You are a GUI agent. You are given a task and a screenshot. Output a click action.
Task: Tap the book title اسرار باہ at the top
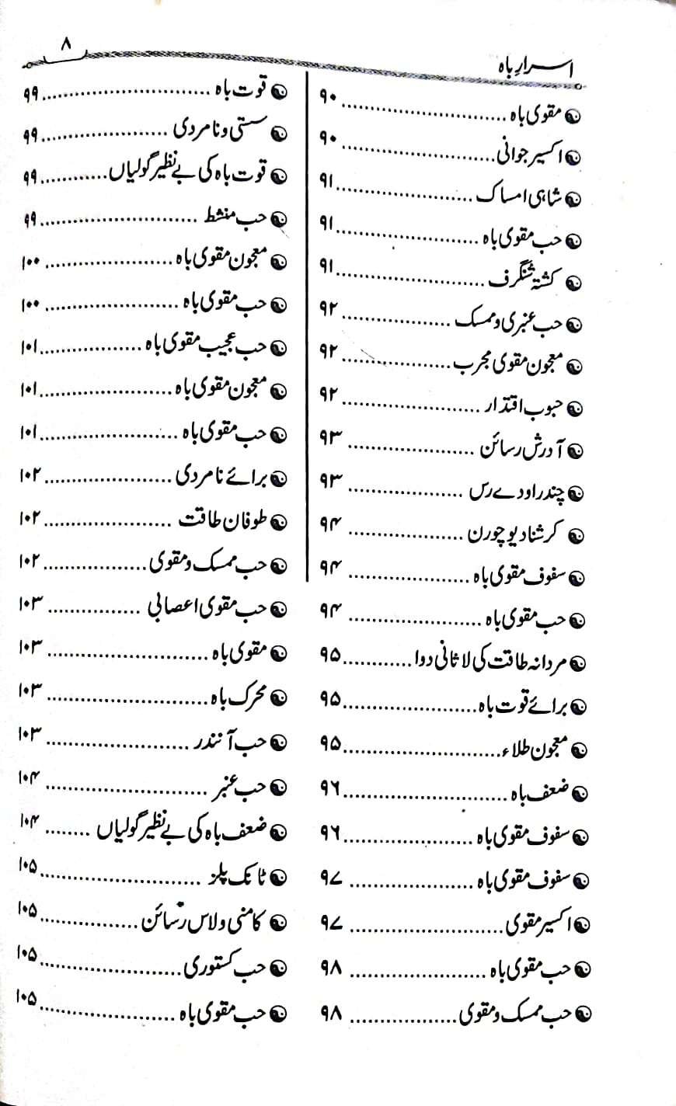[x=537, y=71]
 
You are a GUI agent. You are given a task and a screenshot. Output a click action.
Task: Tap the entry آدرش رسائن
[x=520, y=450]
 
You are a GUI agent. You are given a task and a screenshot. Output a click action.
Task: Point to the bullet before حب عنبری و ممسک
[x=575, y=322]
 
